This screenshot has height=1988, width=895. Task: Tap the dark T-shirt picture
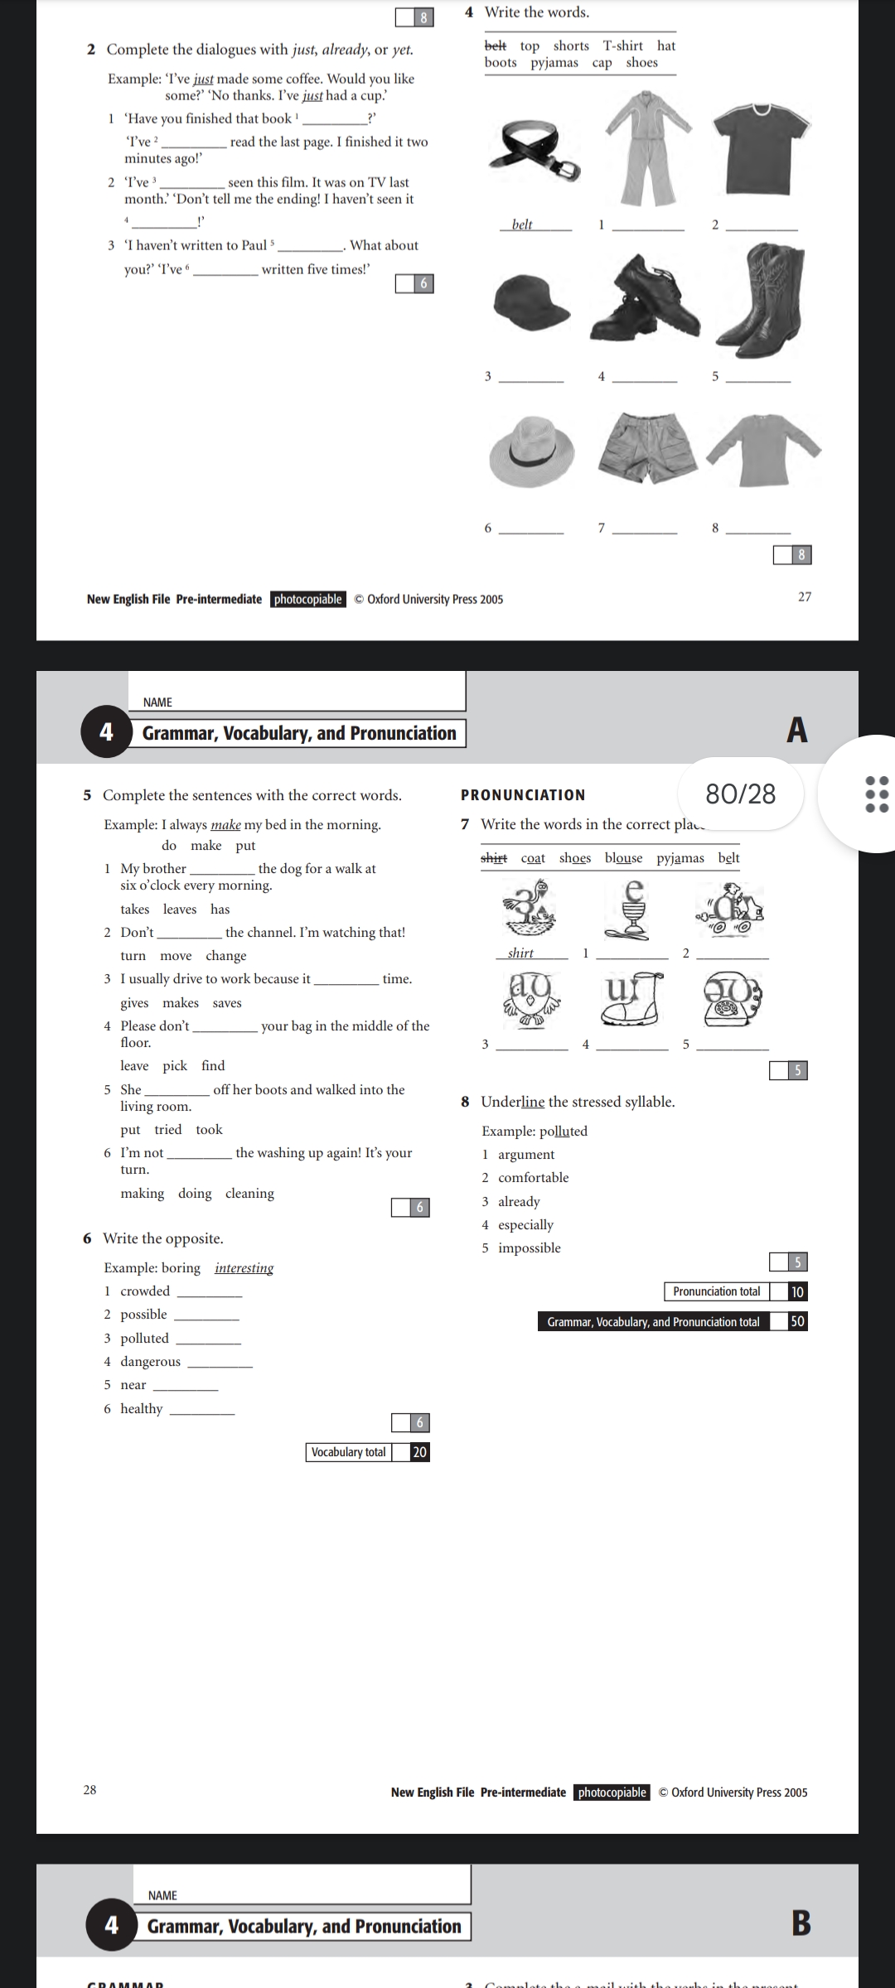pyautogui.click(x=762, y=149)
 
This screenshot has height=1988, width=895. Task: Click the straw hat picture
pyautogui.click(x=531, y=451)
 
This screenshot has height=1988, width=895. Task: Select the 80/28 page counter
pyautogui.click(x=740, y=794)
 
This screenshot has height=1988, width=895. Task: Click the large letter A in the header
pyautogui.click(x=796, y=730)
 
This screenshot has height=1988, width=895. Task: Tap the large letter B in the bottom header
pyautogui.click(x=801, y=1923)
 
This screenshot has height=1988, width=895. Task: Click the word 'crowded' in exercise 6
pyautogui.click(x=145, y=1291)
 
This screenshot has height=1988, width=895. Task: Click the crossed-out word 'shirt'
pyautogui.click(x=494, y=857)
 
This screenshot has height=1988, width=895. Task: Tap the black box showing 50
pyautogui.click(x=796, y=1321)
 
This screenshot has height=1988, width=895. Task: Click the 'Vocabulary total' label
pyautogui.click(x=349, y=1451)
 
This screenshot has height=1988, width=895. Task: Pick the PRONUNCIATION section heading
pyautogui.click(x=523, y=795)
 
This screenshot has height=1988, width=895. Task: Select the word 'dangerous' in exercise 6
pyautogui.click(x=150, y=1361)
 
